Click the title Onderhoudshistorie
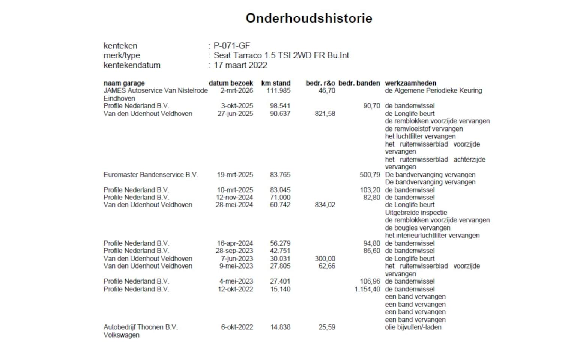(x=309, y=18)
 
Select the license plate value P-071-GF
(x=231, y=46)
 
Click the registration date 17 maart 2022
(x=240, y=65)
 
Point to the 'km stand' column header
(x=276, y=83)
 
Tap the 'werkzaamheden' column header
(x=410, y=83)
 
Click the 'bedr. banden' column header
(x=359, y=83)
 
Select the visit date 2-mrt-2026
(x=237, y=90)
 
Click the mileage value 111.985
(x=278, y=90)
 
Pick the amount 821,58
(x=325, y=114)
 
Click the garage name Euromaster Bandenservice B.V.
(x=150, y=175)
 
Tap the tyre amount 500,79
(x=370, y=175)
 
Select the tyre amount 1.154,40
(x=367, y=289)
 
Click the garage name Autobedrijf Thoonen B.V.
(x=140, y=327)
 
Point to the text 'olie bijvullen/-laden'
(x=413, y=327)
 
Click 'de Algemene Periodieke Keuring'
(x=433, y=90)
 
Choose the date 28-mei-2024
(x=234, y=205)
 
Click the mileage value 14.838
(x=280, y=327)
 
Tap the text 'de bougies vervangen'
(x=418, y=228)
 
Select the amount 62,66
(x=327, y=266)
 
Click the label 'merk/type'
(x=122, y=55)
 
